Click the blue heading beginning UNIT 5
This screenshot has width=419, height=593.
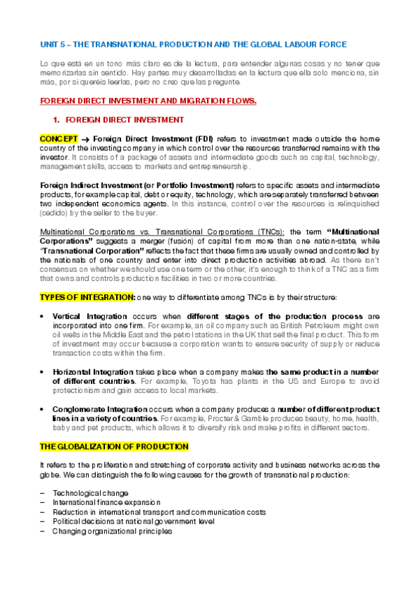pyautogui.click(x=192, y=44)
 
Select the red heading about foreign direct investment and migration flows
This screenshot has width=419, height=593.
pyautogui.click(x=148, y=101)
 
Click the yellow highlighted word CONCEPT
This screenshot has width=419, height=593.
pyautogui.click(x=59, y=138)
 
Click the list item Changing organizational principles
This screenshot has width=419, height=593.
pyautogui.click(x=112, y=531)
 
